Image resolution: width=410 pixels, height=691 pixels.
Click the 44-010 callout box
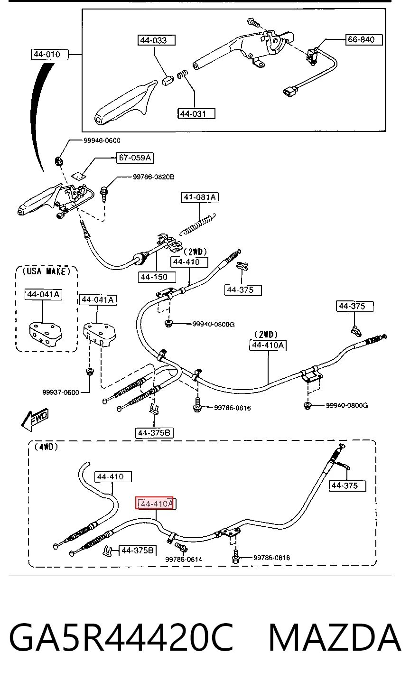click(49, 54)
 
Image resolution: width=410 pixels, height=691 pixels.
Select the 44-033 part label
click(156, 40)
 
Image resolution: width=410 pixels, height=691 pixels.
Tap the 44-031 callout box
click(196, 113)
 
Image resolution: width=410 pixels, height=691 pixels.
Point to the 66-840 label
click(363, 39)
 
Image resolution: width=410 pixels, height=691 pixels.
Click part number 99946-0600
click(102, 140)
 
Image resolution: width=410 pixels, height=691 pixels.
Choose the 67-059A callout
click(135, 158)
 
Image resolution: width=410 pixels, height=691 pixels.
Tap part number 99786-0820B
click(153, 177)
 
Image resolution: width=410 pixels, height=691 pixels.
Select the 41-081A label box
click(200, 197)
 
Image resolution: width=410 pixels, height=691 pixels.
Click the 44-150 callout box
click(157, 277)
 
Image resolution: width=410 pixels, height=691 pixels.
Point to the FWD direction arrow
click(35, 420)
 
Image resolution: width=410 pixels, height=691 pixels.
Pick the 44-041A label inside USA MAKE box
click(43, 294)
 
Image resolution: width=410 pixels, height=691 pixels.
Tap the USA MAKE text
click(47, 271)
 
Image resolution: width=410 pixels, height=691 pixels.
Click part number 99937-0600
click(60, 392)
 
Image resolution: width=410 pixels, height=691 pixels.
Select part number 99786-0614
click(184, 559)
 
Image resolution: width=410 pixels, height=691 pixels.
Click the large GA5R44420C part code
click(121, 636)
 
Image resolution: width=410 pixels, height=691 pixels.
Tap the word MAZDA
click(335, 636)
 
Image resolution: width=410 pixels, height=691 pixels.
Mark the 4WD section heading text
click(47, 447)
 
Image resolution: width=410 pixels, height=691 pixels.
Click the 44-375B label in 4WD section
click(138, 551)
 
